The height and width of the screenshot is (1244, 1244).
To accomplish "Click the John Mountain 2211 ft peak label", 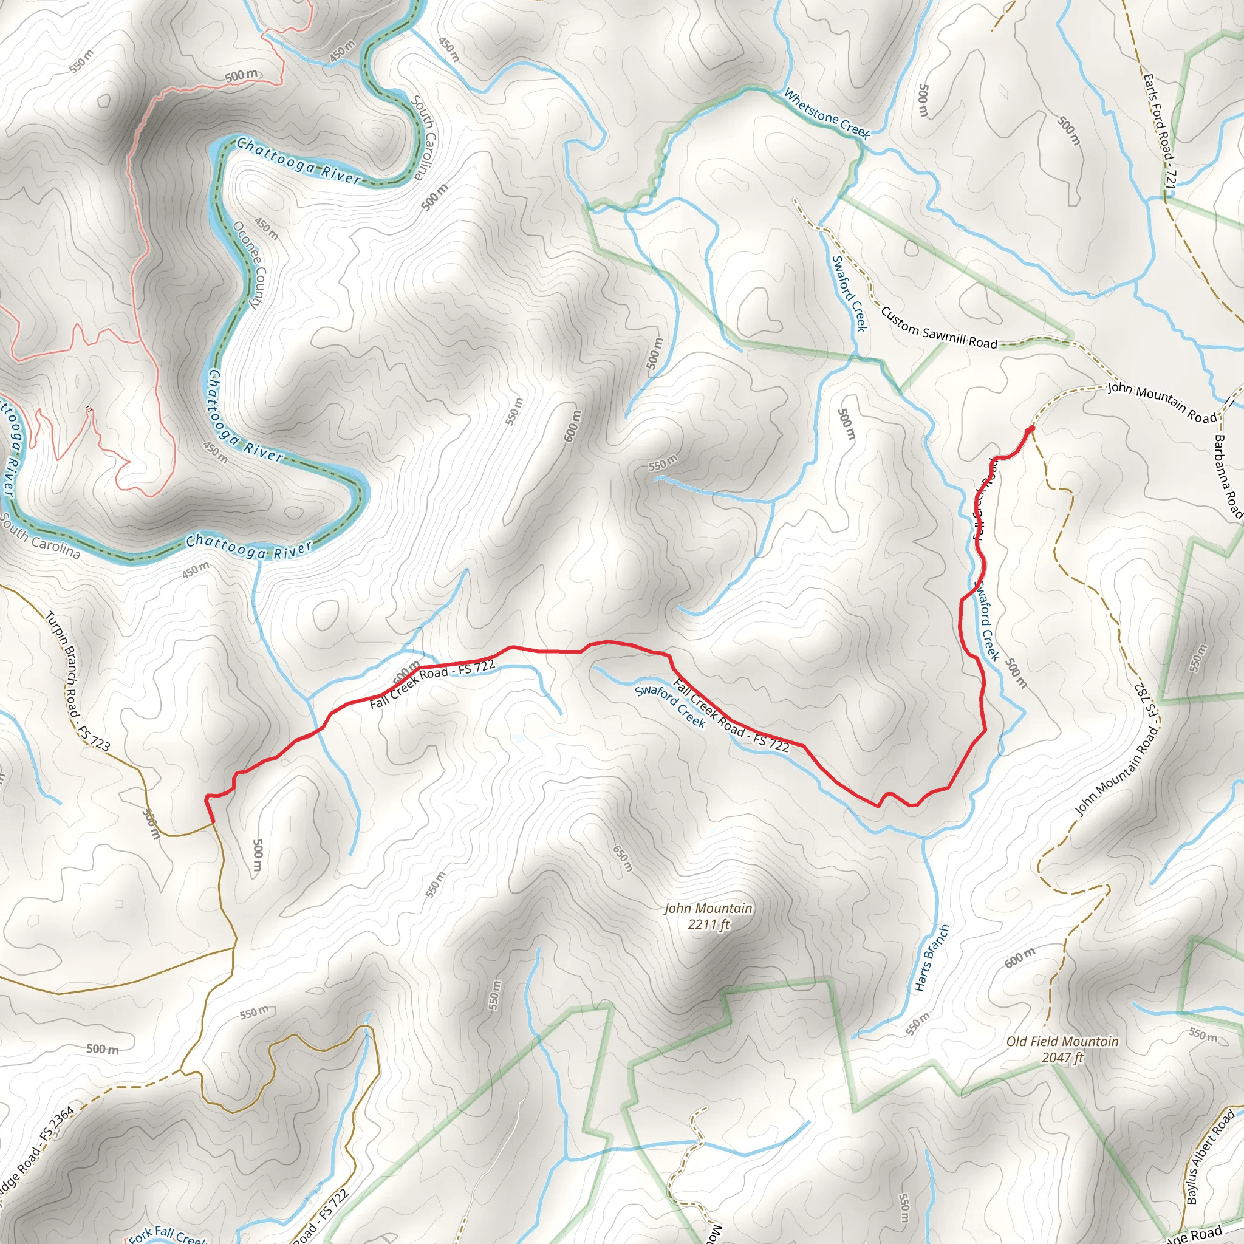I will click(x=708, y=916).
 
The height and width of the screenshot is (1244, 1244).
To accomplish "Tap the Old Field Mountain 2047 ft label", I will click(x=1062, y=1050).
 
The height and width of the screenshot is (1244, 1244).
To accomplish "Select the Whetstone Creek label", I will click(x=827, y=114).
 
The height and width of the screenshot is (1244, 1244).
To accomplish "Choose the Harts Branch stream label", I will click(x=932, y=957).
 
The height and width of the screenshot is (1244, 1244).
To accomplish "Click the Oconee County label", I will click(x=247, y=265).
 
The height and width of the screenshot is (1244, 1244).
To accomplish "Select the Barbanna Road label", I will click(x=1228, y=476).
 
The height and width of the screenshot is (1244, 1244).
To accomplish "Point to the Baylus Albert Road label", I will click(x=1210, y=1157).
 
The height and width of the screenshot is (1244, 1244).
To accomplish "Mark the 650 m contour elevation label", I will click(x=623, y=859).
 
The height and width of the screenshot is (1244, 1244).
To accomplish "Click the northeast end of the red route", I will click(x=1032, y=428).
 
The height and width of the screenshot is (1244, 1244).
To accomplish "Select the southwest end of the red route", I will click(x=213, y=822).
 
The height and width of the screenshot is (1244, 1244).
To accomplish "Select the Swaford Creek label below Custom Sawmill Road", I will click(x=849, y=293).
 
